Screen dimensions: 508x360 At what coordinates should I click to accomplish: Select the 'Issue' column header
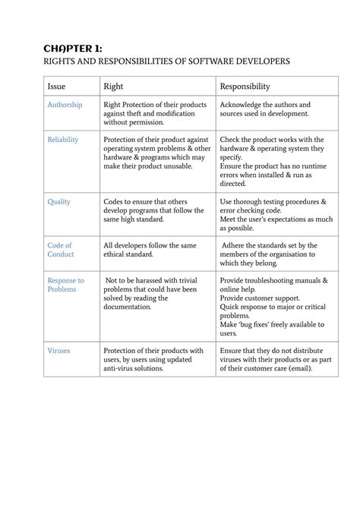[x=58, y=87]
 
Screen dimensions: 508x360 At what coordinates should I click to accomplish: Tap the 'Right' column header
[x=113, y=87]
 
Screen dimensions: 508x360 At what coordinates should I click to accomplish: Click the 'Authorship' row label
[x=65, y=105]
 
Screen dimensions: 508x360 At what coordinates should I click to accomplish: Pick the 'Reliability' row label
[x=63, y=140]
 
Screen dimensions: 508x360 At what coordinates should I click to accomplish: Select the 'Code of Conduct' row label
[x=60, y=250]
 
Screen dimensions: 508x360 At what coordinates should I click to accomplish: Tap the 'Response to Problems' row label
[x=65, y=285]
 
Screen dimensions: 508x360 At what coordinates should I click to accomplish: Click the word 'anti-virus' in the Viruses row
[x=122, y=368]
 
